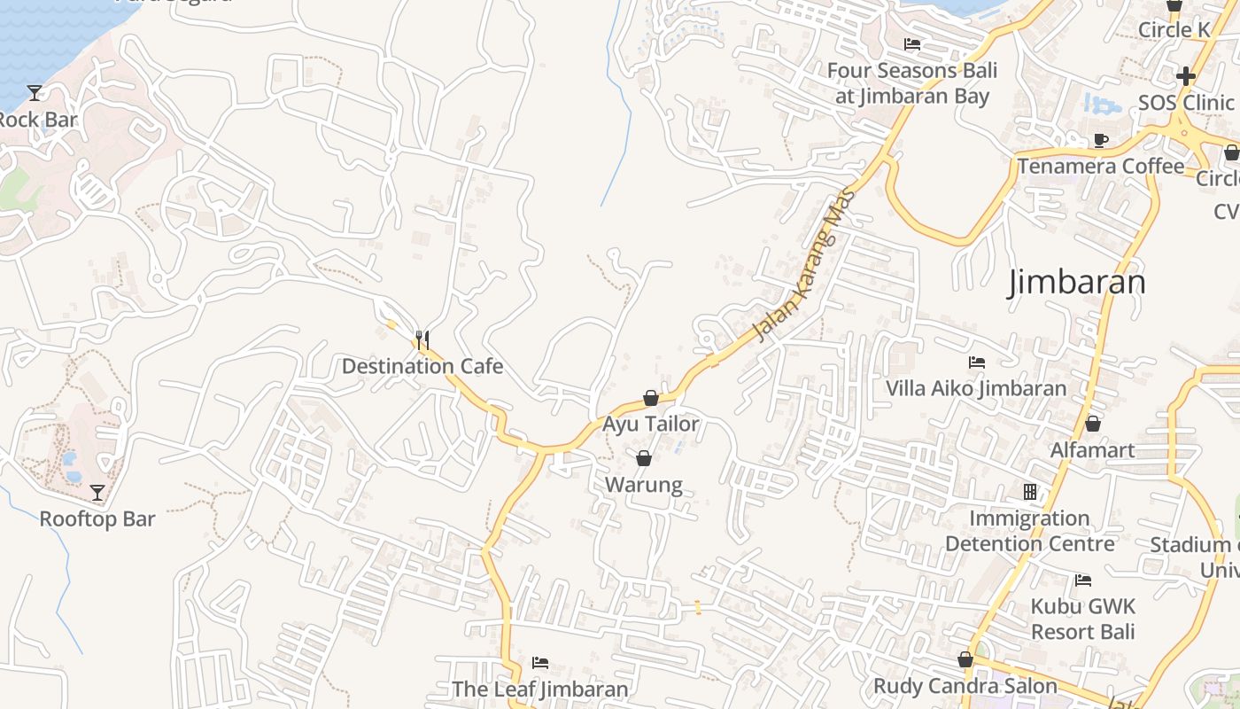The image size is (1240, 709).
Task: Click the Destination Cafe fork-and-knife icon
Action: tap(422, 340)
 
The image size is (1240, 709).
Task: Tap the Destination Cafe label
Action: tap(422, 366)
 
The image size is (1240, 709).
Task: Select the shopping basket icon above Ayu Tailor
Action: tap(651, 398)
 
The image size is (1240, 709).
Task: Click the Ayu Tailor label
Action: tap(651, 424)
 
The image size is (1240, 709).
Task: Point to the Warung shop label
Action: tap(644, 485)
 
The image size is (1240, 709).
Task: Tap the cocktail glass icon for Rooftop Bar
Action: tap(97, 493)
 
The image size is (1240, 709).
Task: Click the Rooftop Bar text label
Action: tap(97, 519)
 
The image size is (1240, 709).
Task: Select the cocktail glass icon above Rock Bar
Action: tap(35, 92)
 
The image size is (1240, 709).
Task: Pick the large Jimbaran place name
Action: tap(1077, 283)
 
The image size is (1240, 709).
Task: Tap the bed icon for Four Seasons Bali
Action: tap(912, 44)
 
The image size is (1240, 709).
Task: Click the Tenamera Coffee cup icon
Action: tap(1100, 140)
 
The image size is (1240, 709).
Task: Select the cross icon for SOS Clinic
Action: tap(1186, 76)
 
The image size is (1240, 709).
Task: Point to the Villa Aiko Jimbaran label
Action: tap(977, 388)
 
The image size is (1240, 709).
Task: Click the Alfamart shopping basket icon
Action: tap(1093, 424)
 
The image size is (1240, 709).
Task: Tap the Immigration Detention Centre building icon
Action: tap(1029, 491)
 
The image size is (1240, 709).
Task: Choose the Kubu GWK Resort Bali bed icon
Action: tap(1082, 580)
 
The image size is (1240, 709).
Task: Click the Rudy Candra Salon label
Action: tap(965, 686)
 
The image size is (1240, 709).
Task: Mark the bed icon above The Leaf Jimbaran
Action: tap(540, 663)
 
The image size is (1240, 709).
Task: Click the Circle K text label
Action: tap(1174, 30)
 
